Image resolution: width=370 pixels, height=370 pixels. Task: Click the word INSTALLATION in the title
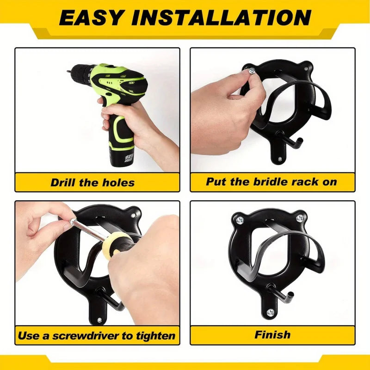pyautogui.click(x=221, y=18)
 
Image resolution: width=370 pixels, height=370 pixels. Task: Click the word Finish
pyautogui.click(x=272, y=334)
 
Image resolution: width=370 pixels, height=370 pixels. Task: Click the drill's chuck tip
pyautogui.click(x=70, y=71)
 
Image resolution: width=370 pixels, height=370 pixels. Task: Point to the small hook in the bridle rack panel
pyautogui.click(x=296, y=141)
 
